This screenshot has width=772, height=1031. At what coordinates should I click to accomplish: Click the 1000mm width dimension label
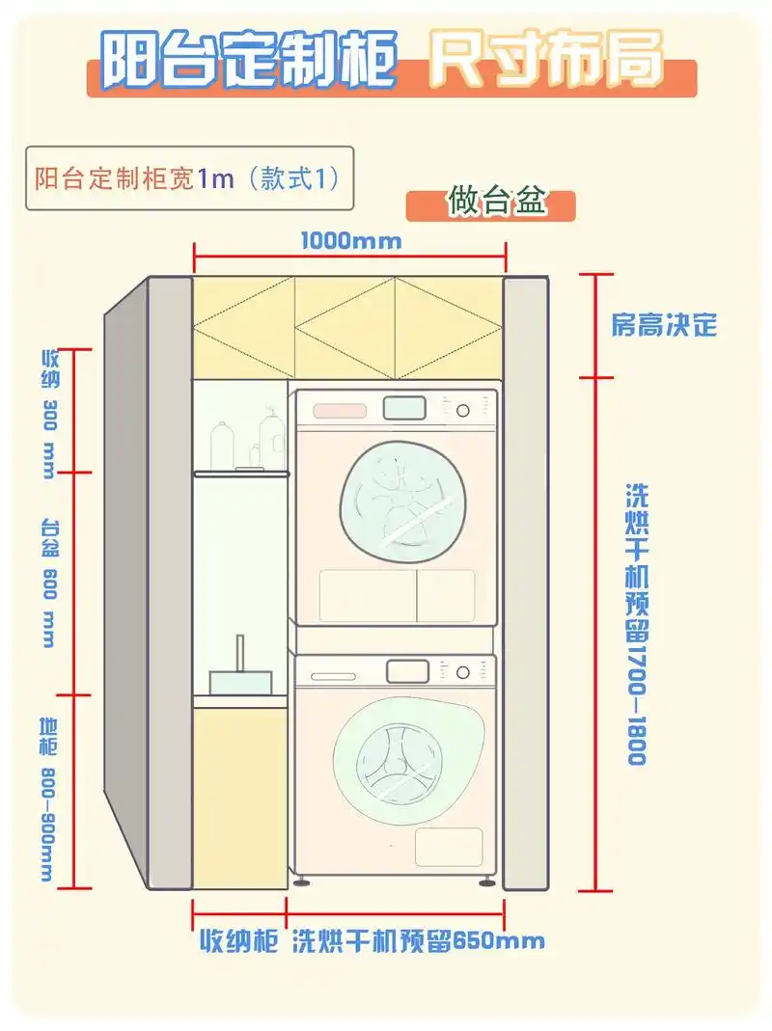point(350,240)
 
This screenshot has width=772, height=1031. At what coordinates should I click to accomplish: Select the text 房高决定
point(664,324)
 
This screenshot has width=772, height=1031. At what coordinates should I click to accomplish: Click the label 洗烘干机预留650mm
point(418,940)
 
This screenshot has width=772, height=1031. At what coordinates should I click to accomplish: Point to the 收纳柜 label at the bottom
point(238,940)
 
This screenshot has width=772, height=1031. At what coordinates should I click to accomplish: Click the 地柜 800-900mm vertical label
point(47,799)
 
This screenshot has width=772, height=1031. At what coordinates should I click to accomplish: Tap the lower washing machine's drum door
point(397,756)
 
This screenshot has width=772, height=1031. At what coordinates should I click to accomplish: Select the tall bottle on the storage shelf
point(222,447)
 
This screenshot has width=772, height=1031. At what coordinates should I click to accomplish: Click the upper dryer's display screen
point(404,408)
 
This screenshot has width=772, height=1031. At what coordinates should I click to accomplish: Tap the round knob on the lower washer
point(464,671)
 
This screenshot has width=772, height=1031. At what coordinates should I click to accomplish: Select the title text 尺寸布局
point(546,60)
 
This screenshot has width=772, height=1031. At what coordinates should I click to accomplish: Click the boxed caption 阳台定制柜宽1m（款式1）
point(188,178)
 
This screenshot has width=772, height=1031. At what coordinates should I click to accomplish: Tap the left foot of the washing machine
point(305,880)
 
